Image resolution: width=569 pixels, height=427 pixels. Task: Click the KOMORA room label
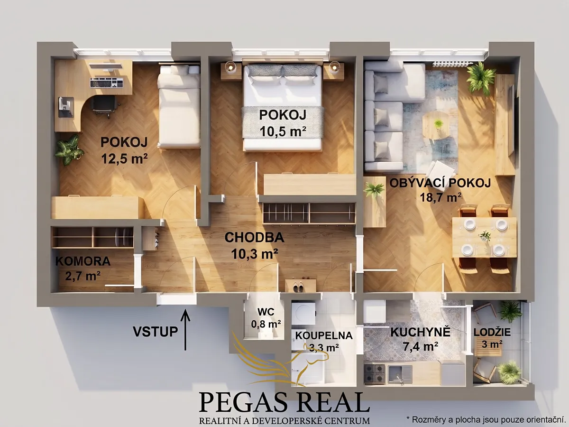pyautogui.click(x=83, y=261)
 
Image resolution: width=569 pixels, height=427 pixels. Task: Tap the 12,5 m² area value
pyautogui.click(x=124, y=158)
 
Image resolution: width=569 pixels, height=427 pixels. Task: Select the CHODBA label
pyautogui.click(x=254, y=238)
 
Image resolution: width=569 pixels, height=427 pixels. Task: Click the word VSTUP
pyautogui.click(x=156, y=331)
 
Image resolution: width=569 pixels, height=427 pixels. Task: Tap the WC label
pyautogui.click(x=266, y=311)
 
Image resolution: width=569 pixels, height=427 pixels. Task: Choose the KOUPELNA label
pyautogui.click(x=324, y=335)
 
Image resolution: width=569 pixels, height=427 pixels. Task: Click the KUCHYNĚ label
pyautogui.click(x=420, y=332)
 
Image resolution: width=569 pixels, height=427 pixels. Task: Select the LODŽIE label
pyautogui.click(x=492, y=332)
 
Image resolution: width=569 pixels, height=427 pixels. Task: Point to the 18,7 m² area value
pyautogui.click(x=441, y=198)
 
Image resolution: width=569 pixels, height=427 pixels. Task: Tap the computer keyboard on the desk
pyautogui.click(x=107, y=82)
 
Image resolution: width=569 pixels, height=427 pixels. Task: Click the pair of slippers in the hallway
pyautogui.click(x=298, y=287)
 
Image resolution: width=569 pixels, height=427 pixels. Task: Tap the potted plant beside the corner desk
pyautogui.click(x=68, y=150)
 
